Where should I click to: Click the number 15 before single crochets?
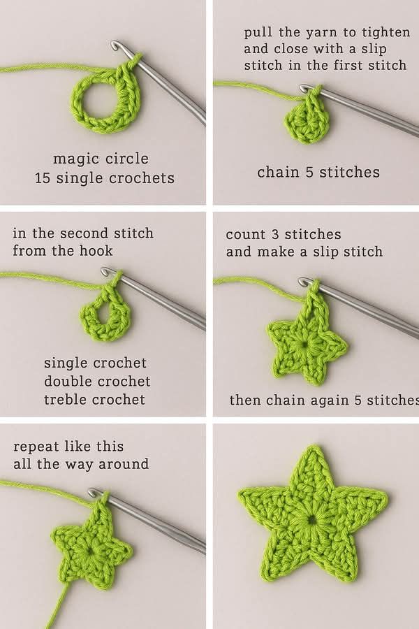(x=42, y=178)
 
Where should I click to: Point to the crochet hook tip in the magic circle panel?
(x=115, y=45)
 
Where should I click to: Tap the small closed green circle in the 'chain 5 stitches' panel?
(x=307, y=122)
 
